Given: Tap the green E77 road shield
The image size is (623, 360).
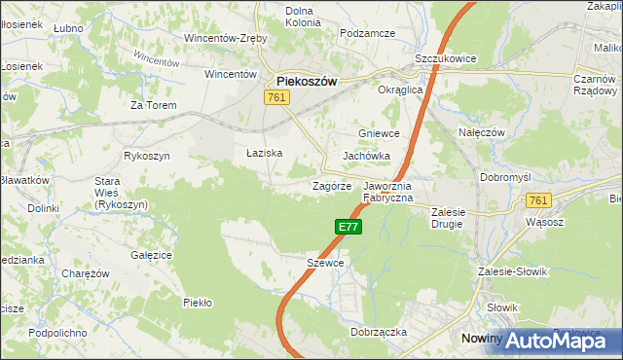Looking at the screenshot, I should pos(349,227).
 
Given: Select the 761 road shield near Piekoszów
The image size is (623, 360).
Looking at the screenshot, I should pos(275,97).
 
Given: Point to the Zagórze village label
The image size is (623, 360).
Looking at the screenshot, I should pos(331,185).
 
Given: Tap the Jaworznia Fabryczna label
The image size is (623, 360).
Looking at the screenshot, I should pos(388,191).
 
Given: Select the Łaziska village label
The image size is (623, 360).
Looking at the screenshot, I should pos(264,153).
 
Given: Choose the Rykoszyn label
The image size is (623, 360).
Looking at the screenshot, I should pos(147,156).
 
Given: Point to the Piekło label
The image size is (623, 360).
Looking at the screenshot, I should pos(198,303).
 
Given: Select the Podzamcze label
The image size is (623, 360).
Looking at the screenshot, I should pos(367,33).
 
